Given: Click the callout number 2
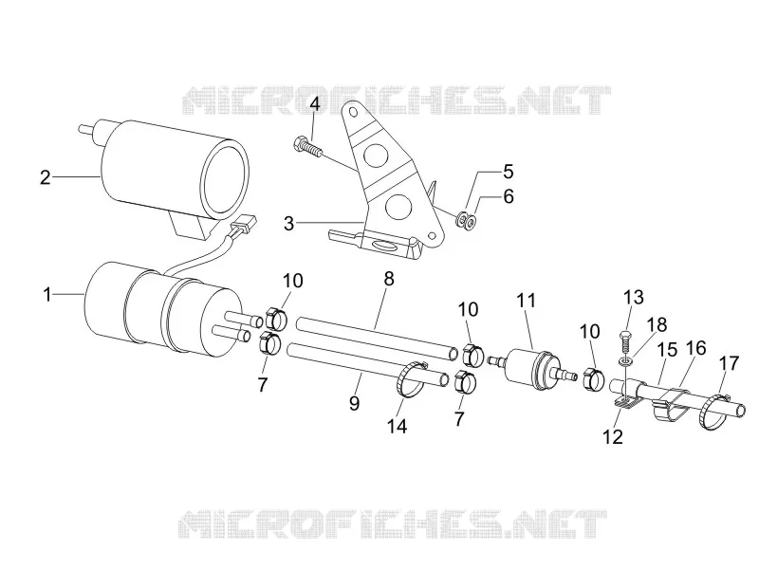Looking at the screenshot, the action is click(45, 178).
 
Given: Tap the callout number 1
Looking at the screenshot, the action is click(46, 294).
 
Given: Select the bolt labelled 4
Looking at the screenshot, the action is click(307, 146).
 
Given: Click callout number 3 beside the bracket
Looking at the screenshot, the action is click(288, 224).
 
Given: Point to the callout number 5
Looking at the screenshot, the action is click(508, 172).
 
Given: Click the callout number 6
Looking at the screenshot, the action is click(509, 197).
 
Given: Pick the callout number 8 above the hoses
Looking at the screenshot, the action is click(389, 279).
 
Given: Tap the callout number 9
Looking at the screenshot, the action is click(354, 402).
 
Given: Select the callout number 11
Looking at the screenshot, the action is click(527, 301).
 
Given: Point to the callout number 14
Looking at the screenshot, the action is click(397, 426).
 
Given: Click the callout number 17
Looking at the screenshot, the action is click(730, 362).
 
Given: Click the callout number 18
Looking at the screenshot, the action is click(658, 325).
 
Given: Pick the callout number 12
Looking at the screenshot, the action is click(613, 437).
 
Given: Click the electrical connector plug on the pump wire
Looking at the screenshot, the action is click(244, 224).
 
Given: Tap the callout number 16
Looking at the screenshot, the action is click(695, 348).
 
